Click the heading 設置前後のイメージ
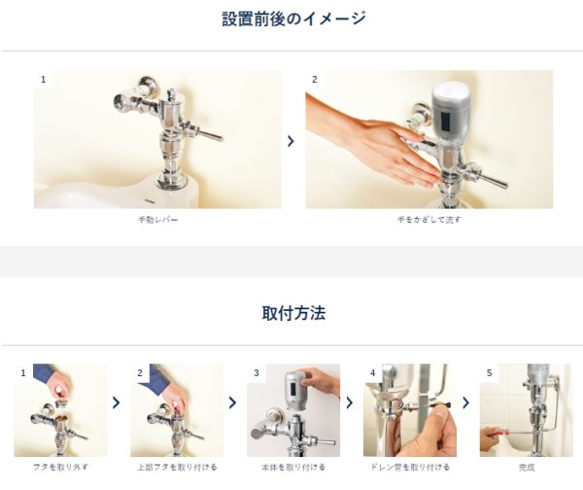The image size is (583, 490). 292,18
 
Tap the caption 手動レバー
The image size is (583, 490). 158,221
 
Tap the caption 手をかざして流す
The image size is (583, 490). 429,221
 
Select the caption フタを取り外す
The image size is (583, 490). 60,466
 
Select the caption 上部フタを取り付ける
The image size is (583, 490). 177,466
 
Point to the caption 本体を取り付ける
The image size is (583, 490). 293,466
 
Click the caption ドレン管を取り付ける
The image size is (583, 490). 410,466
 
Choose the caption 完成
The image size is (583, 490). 527,466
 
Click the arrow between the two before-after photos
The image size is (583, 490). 291,141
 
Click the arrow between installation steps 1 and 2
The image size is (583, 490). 117,402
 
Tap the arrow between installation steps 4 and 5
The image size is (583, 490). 466,402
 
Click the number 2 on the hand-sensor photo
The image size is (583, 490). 315,79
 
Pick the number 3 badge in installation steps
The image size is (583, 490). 257,372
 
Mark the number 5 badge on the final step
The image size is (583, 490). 490,372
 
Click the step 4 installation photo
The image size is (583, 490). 410,410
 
